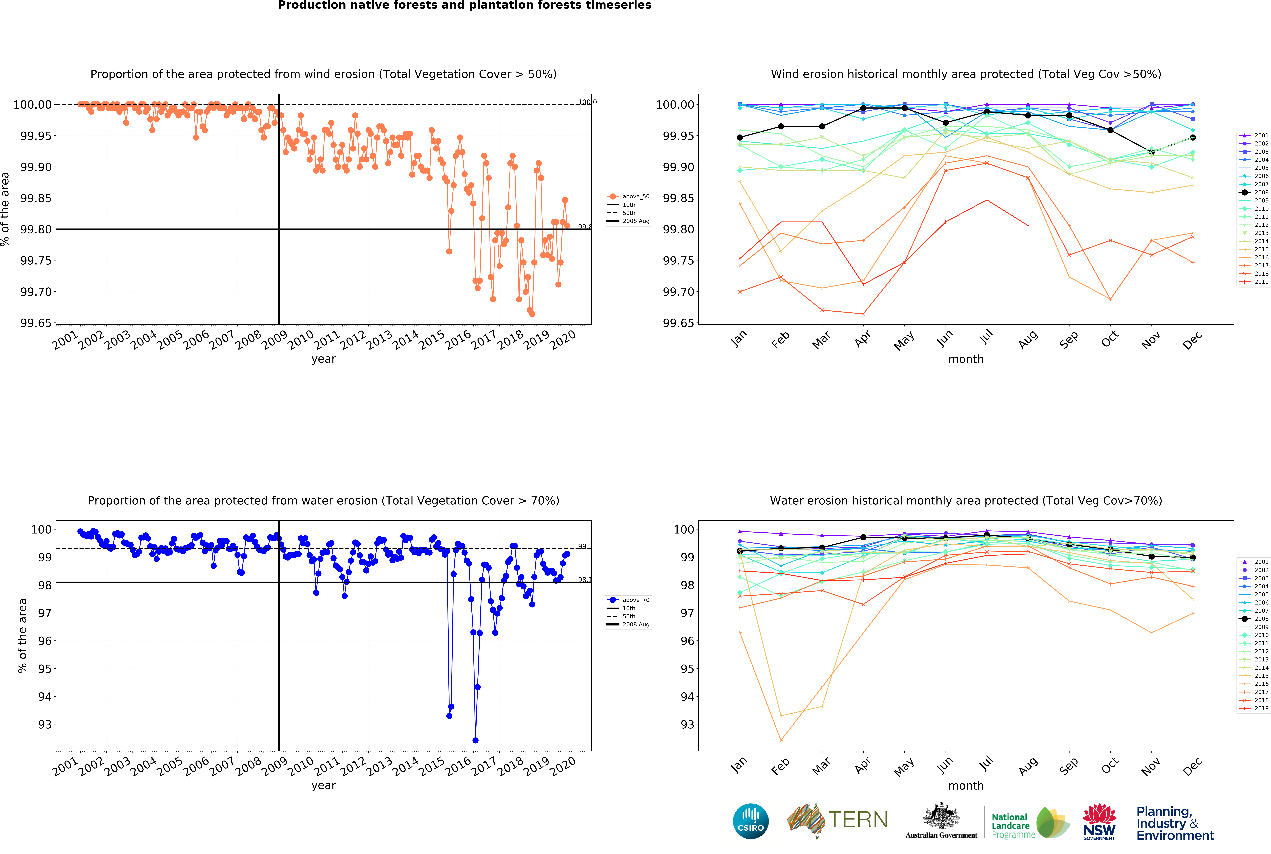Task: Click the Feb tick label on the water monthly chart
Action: [780, 767]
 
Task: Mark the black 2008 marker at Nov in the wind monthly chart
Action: [1151, 152]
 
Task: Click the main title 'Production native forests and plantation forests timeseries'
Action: [464, 5]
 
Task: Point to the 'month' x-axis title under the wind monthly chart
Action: [966, 359]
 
